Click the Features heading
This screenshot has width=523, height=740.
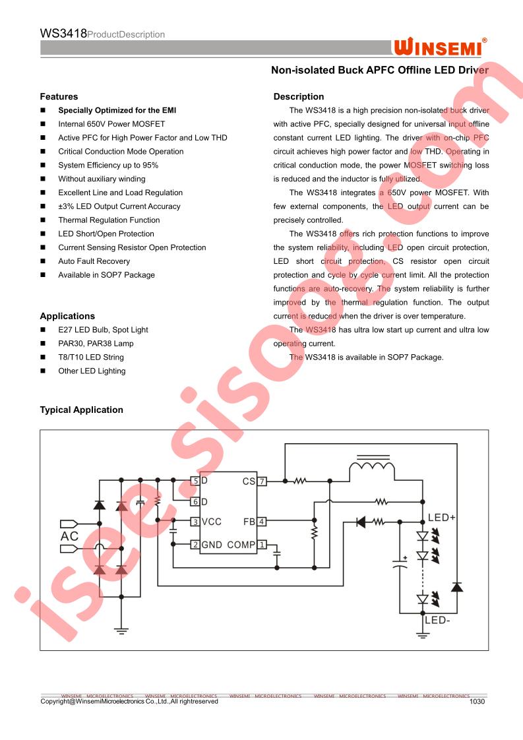[59, 97]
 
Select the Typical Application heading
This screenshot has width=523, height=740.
[81, 410]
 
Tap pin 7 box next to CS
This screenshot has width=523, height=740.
[262, 481]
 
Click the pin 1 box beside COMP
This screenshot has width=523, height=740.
[262, 545]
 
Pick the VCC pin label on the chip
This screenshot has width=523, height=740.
[212, 522]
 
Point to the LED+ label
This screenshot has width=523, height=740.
[441, 518]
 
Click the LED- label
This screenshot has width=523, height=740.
[437, 620]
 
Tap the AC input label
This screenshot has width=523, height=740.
[69, 536]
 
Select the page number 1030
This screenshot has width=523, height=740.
[477, 701]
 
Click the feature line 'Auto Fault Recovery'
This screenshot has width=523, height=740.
[94, 261]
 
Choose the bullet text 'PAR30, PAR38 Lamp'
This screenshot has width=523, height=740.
[96, 344]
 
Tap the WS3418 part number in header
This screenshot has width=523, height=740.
[63, 34]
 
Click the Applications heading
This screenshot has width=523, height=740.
[67, 316]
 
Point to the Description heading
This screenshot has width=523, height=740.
[299, 97]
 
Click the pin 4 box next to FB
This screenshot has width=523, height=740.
[261, 522]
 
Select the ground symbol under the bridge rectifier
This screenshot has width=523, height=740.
[121, 631]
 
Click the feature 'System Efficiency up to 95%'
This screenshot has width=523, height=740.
[108, 165]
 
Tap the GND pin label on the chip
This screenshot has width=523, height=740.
[212, 545]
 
